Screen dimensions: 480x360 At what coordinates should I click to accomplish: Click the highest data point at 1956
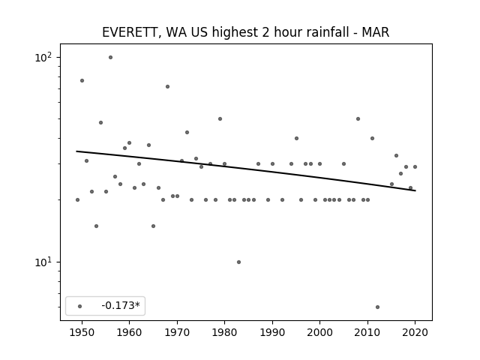[110, 58]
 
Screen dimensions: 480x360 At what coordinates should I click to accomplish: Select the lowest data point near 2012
[377, 307]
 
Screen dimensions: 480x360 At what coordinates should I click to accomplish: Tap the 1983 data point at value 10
[238, 262]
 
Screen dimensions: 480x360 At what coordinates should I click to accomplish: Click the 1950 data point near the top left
[82, 81]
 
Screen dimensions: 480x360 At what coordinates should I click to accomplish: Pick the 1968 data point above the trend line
[167, 87]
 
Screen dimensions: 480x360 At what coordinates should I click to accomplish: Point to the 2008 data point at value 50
[358, 118]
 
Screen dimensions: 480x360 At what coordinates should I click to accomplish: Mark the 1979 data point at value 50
[220, 118]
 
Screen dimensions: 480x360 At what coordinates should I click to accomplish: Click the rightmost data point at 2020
[415, 166]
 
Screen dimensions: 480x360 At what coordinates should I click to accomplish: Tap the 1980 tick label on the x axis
[225, 332]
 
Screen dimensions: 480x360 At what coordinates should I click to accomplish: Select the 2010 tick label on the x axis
[367, 332]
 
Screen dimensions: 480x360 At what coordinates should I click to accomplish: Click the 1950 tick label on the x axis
[82, 332]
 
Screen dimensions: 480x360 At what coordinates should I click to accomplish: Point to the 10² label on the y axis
[43, 57]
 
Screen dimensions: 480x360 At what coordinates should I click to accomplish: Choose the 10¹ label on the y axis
[43, 262]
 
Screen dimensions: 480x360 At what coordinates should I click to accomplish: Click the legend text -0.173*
[121, 305]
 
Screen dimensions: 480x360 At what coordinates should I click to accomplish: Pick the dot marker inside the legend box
[80, 306]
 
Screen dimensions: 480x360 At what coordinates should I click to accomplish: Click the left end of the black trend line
[76, 151]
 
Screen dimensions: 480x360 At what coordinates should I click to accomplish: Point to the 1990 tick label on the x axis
[272, 332]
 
